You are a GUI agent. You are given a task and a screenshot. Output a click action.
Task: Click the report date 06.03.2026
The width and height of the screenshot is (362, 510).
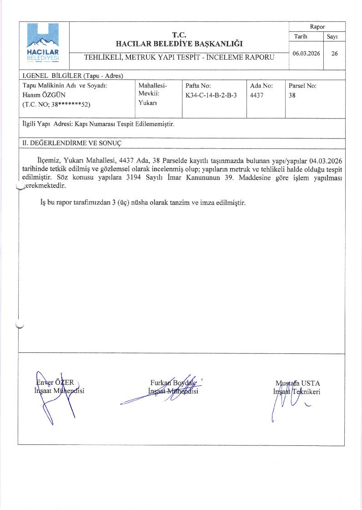(306, 53)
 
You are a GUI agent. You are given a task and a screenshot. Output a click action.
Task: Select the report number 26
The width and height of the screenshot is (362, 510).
(334, 53)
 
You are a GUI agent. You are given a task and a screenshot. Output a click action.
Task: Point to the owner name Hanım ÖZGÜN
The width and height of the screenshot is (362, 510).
(44, 95)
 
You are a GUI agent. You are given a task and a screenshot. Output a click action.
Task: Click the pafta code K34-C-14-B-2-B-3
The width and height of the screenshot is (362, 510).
(211, 95)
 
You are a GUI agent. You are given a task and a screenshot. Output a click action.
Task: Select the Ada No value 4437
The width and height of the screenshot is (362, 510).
(257, 95)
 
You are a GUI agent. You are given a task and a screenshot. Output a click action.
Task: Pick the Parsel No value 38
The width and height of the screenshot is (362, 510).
(292, 95)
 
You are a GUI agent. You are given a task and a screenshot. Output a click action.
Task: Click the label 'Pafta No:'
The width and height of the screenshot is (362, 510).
(198, 86)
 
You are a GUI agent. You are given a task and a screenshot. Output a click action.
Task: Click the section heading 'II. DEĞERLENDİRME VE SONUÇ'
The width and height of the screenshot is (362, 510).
(72, 143)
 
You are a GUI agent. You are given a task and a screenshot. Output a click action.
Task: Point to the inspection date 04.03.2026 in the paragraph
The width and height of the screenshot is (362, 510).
(326, 161)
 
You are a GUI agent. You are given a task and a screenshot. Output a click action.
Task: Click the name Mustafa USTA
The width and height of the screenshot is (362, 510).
(297, 383)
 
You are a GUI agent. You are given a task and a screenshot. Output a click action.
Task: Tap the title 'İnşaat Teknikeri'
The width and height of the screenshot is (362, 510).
(297, 392)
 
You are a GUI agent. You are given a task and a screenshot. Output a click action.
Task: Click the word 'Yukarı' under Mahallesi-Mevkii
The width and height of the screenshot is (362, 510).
(147, 104)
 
